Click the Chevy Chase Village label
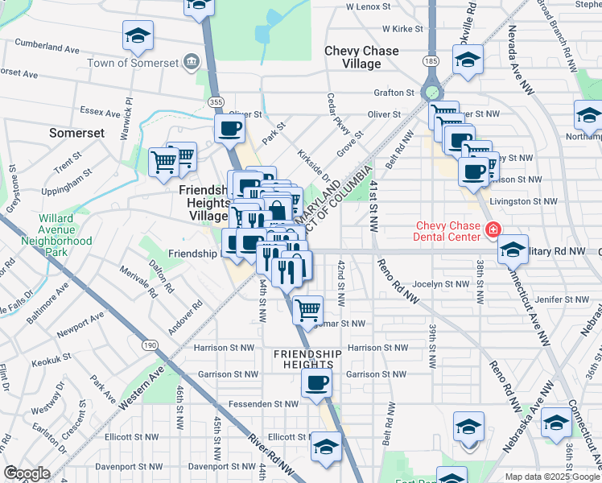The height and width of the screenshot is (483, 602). (x=361, y=57)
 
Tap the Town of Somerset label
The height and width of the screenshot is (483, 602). (x=143, y=63)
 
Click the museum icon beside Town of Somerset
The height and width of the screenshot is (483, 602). (x=190, y=62)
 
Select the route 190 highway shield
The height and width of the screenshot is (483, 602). (x=150, y=345)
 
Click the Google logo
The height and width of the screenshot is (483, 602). (x=27, y=473)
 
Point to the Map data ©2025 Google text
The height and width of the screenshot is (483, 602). (x=552, y=477)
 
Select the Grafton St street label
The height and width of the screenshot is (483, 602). (x=393, y=93)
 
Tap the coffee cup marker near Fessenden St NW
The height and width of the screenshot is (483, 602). (x=317, y=383)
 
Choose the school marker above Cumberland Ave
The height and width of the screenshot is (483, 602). (x=138, y=35)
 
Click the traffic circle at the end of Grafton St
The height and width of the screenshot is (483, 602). (x=432, y=93)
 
